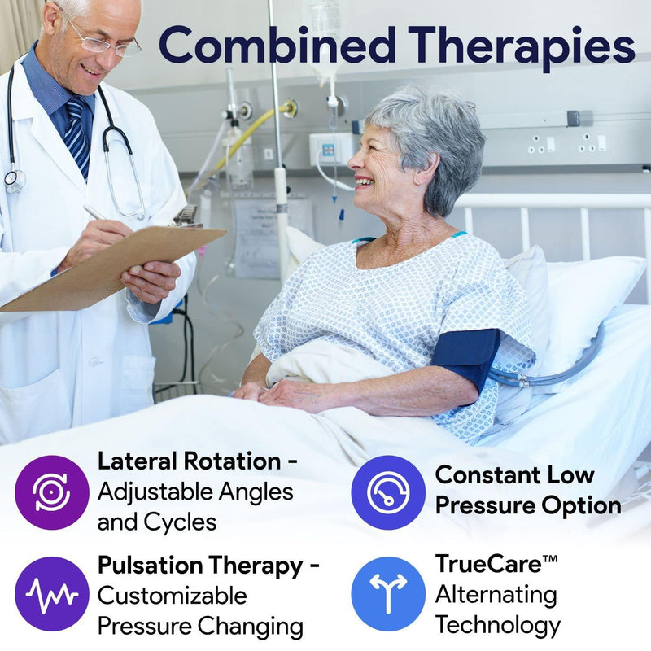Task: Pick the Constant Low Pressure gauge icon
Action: pyautogui.click(x=388, y=492)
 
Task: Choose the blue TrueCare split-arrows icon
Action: pyautogui.click(x=388, y=594)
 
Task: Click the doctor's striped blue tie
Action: pyautogui.click(x=77, y=134)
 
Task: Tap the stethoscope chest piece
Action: pyautogui.click(x=14, y=180)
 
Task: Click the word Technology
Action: pyautogui.click(x=498, y=625)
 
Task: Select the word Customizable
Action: pyautogui.click(x=173, y=595)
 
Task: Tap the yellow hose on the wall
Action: pyautogui.click(x=244, y=138)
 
